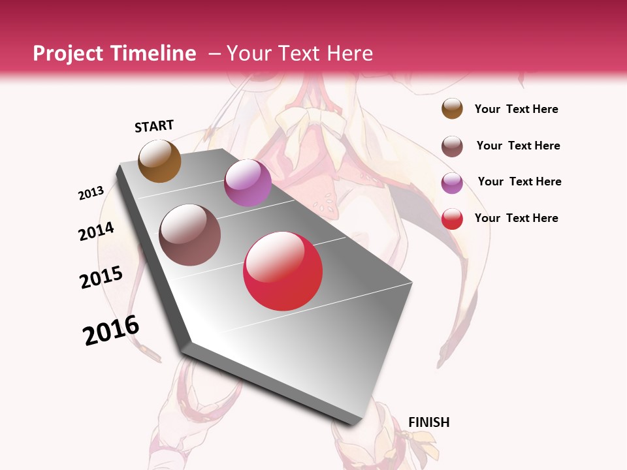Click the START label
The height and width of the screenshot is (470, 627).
(x=154, y=126)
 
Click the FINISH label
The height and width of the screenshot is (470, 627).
(x=429, y=422)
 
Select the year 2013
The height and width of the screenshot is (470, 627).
(x=91, y=193)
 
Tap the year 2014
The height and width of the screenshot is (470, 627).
(x=97, y=231)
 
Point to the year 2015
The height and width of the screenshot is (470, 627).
(x=101, y=277)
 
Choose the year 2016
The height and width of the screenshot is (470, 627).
(x=111, y=330)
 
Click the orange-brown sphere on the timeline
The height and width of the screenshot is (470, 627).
(x=159, y=161)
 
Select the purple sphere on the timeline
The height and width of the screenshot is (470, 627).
(x=248, y=183)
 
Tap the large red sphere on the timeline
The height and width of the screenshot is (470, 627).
(x=283, y=271)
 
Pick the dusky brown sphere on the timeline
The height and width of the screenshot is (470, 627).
(x=190, y=235)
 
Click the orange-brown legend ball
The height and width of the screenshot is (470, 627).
(x=452, y=108)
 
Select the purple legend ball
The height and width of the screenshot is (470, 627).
(x=452, y=183)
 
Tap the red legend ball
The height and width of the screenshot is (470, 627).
(x=452, y=219)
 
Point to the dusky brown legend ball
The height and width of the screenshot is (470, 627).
(x=452, y=146)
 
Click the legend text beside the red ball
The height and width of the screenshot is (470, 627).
(x=517, y=218)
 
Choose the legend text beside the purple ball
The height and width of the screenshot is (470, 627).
(x=520, y=181)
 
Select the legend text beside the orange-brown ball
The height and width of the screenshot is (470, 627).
(x=517, y=109)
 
